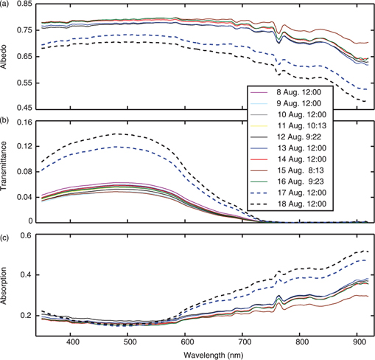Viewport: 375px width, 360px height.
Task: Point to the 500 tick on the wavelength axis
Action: point(129,342)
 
